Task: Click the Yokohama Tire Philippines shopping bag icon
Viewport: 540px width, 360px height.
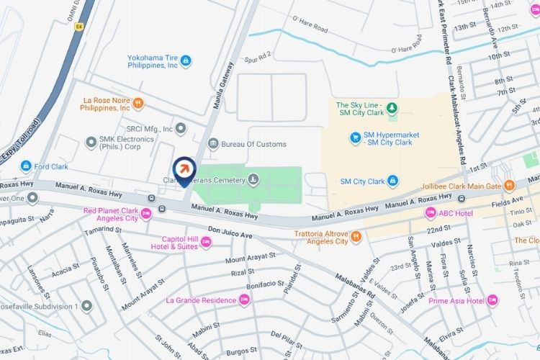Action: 186,60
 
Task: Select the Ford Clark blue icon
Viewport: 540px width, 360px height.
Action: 27,166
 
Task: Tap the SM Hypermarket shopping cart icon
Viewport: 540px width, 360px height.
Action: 354,137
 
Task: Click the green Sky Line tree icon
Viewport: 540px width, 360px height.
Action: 392,109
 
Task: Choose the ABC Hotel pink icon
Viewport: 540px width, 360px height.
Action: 431,212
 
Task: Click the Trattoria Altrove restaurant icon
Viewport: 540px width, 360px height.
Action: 355,235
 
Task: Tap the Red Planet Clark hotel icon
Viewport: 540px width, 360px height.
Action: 147,213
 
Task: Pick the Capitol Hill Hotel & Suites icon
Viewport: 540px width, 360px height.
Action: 205,242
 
